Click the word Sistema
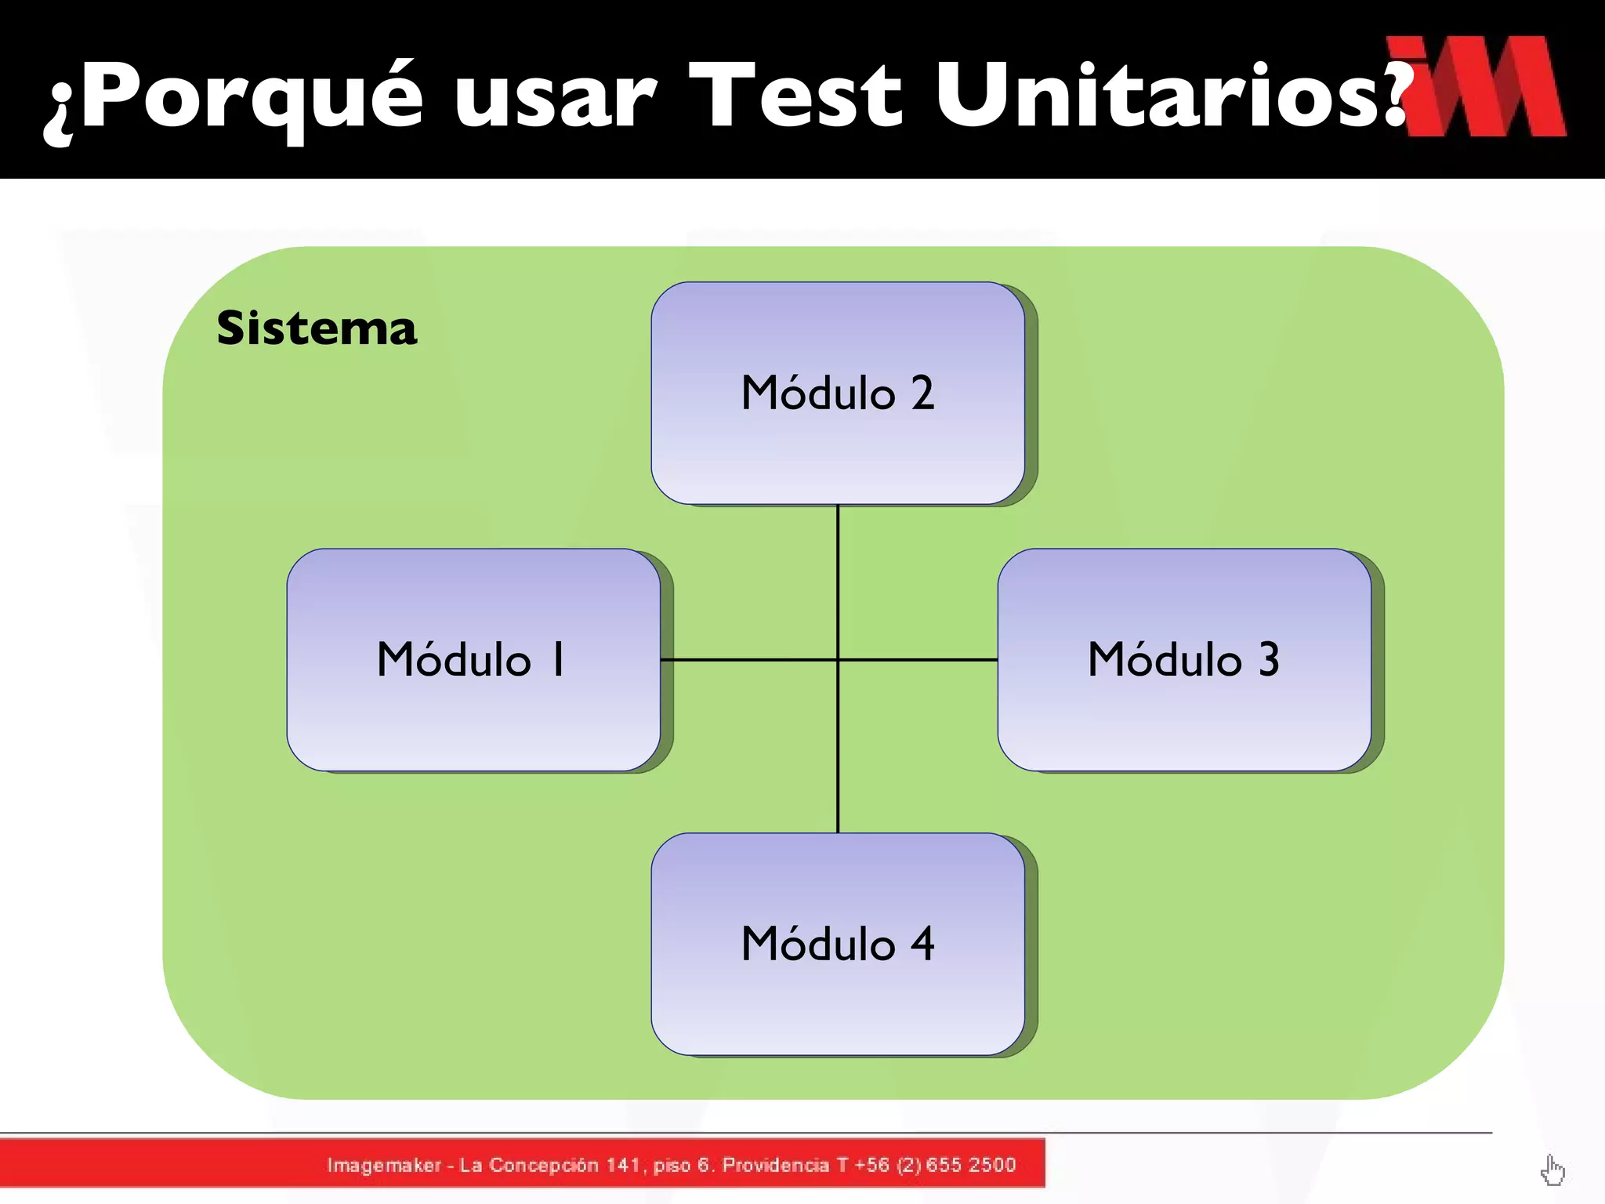[317, 328]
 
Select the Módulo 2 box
[837, 393]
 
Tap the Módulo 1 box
[473, 660]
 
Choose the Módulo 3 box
[1183, 660]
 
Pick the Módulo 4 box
[837, 944]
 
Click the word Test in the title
[794, 96]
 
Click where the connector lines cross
[838, 660]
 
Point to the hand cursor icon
[1552, 1171]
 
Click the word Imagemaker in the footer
[384, 1165]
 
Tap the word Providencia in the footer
[775, 1165]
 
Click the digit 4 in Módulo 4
[922, 944]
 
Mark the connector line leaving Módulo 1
[745, 660]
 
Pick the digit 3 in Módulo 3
[1269, 660]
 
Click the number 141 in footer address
[623, 1165]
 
